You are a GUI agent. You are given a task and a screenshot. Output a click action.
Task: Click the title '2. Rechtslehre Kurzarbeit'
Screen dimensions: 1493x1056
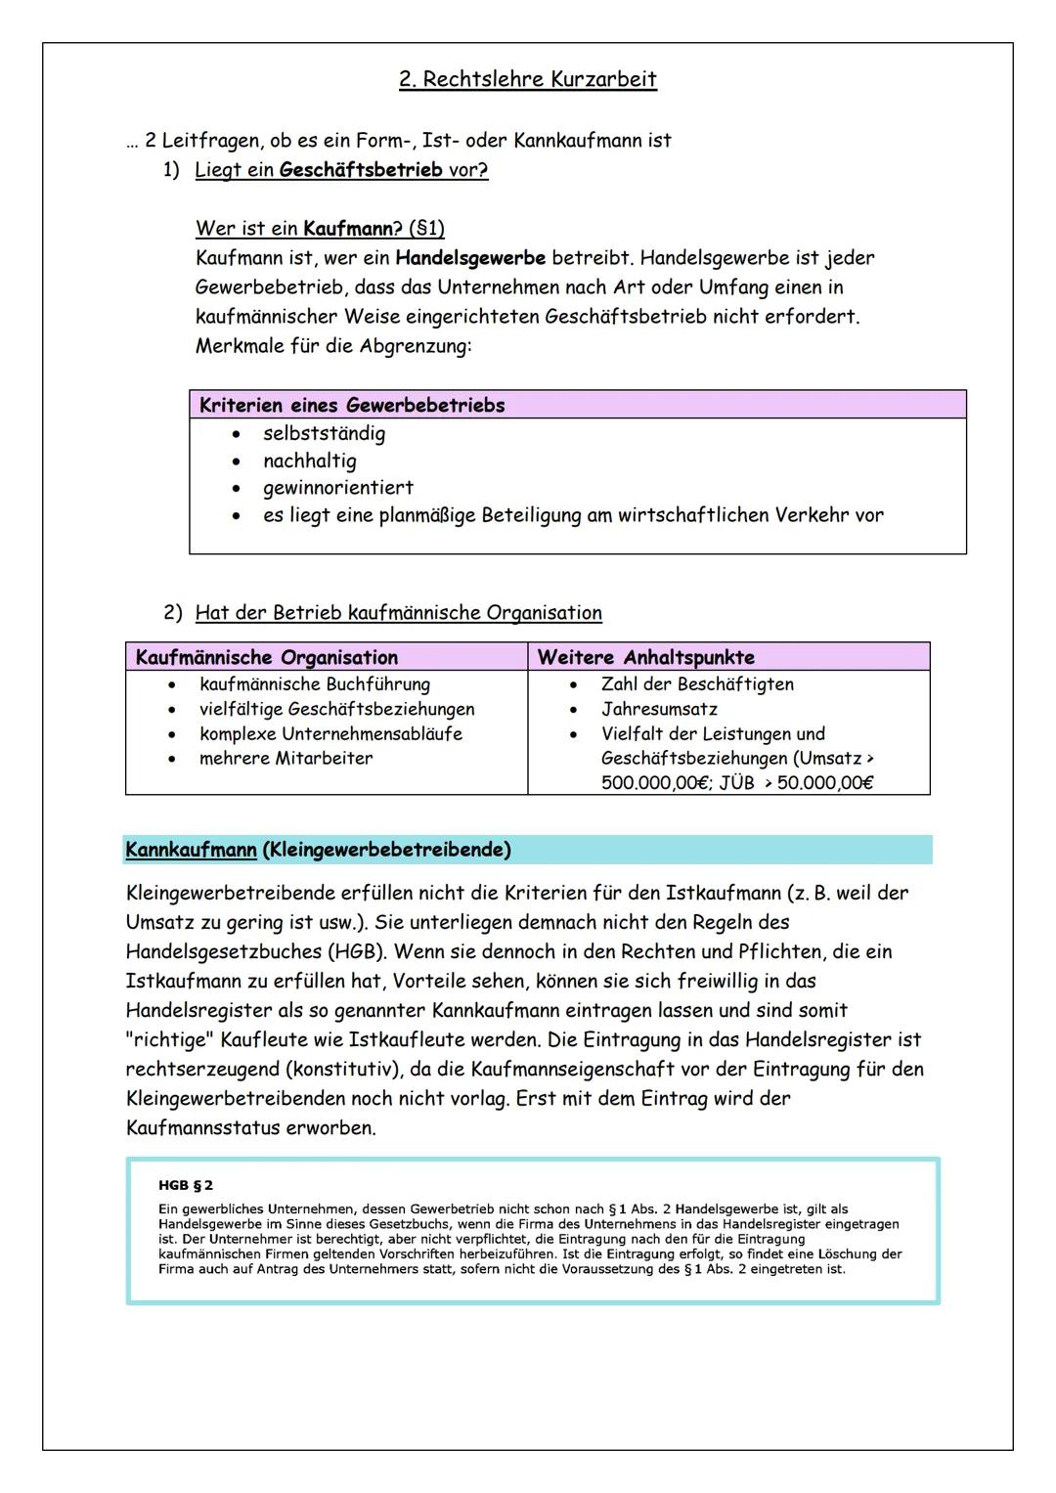[x=527, y=79]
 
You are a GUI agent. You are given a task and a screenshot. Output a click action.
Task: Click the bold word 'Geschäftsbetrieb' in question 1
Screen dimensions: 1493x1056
[x=360, y=170]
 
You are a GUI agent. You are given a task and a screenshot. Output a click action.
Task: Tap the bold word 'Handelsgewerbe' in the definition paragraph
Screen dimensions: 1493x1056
[x=470, y=258]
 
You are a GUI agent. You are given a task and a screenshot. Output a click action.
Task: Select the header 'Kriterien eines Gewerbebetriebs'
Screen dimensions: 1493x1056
[x=352, y=405]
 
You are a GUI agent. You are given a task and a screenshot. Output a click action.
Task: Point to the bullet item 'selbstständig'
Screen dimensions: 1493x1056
[x=324, y=433]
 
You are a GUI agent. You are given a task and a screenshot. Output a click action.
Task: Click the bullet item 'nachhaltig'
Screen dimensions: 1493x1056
[x=309, y=461]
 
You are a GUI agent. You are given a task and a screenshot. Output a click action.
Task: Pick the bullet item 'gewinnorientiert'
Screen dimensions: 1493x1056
[x=337, y=487]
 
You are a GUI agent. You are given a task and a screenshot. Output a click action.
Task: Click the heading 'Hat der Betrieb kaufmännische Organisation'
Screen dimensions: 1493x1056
[x=398, y=613]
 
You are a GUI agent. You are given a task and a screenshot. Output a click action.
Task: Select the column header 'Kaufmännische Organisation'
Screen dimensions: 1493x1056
[x=266, y=657]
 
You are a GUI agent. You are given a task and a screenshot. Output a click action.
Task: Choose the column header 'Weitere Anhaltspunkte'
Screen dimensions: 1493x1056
[x=645, y=657]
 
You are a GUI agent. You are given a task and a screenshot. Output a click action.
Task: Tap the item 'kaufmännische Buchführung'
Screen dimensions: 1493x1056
[x=314, y=684]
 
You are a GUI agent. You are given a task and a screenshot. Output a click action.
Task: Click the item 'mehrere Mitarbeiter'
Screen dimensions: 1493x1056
[x=286, y=758]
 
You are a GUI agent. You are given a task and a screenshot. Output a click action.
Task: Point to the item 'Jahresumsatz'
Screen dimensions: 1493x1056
[x=659, y=709]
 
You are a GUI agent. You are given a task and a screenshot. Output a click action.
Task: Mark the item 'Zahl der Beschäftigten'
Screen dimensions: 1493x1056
[x=697, y=684]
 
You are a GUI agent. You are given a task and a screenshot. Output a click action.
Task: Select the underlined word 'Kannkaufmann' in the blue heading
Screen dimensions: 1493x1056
[x=191, y=850]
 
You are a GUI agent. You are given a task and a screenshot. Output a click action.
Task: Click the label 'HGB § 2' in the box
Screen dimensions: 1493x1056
[x=186, y=1185]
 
